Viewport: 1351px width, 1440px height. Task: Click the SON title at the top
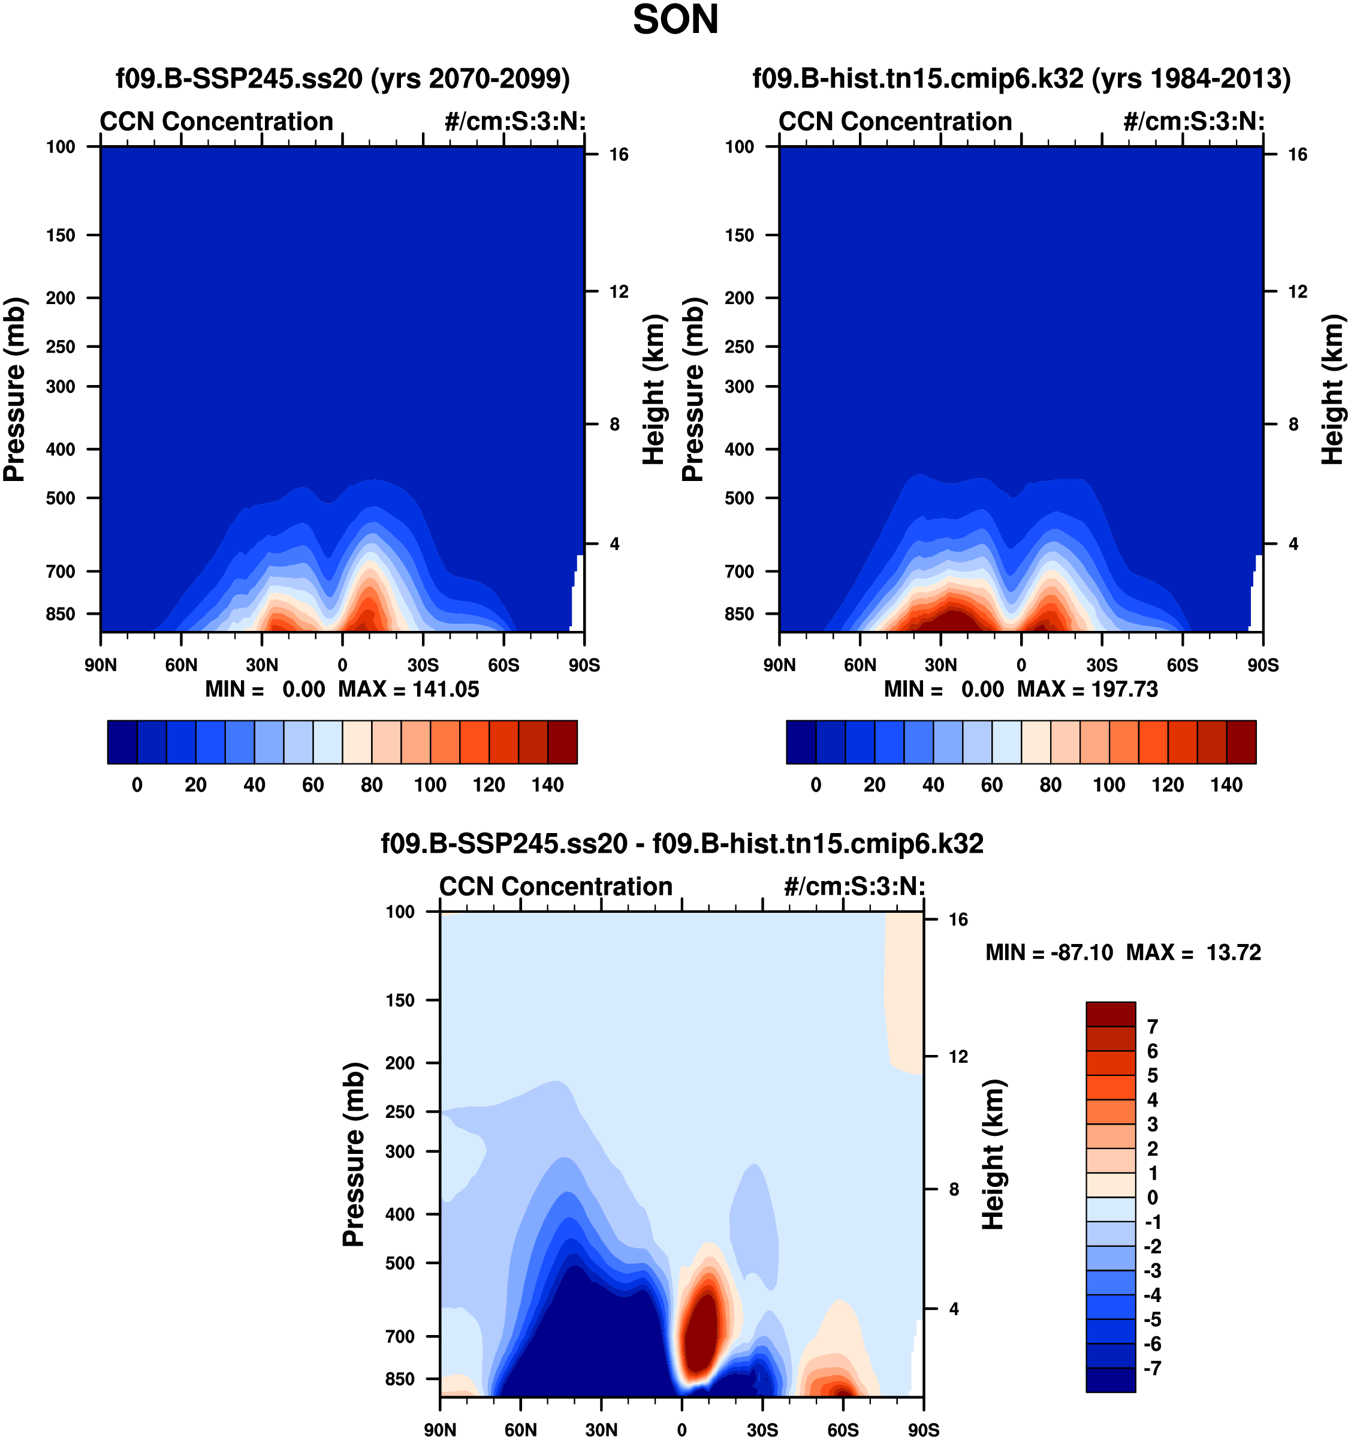click(x=675, y=20)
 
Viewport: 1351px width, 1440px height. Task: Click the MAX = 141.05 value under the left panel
click(x=408, y=689)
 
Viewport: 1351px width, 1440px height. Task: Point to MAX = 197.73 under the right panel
click(x=1087, y=689)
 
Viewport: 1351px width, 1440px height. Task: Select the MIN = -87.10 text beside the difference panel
click(x=1049, y=952)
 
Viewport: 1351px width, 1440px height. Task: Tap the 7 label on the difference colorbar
click(x=1153, y=1026)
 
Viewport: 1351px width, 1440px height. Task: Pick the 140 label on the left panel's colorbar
click(x=547, y=785)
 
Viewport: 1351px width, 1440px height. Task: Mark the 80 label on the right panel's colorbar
click(x=1051, y=785)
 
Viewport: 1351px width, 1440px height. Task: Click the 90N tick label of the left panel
click(x=100, y=665)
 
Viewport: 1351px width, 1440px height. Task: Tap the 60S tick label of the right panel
click(x=1183, y=665)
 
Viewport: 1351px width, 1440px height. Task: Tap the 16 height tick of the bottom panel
click(x=958, y=920)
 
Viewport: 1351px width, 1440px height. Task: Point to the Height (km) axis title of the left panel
click(x=653, y=390)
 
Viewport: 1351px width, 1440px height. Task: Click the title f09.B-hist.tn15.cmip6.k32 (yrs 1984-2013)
click(x=1021, y=78)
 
